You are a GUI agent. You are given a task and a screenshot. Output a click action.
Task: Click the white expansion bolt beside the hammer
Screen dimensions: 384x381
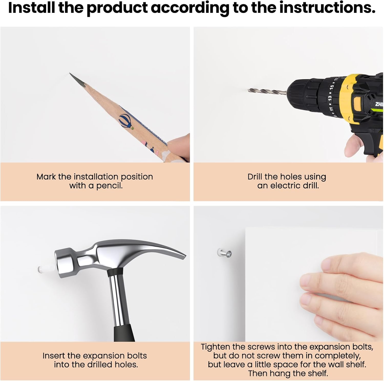[x=46, y=268]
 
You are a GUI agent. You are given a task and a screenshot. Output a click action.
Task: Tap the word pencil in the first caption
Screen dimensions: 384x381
[x=109, y=186]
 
